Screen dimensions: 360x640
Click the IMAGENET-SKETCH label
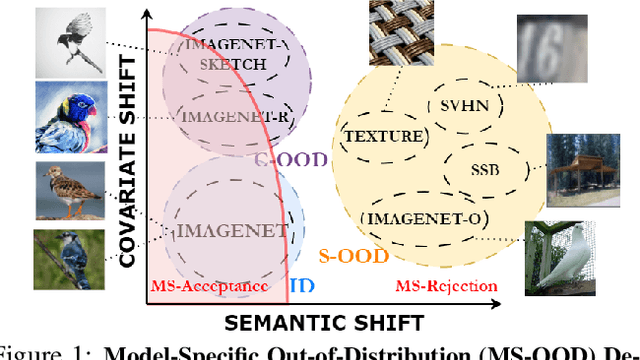click(225, 55)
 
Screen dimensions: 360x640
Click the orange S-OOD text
click(347, 256)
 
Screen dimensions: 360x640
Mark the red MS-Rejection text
click(446, 287)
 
